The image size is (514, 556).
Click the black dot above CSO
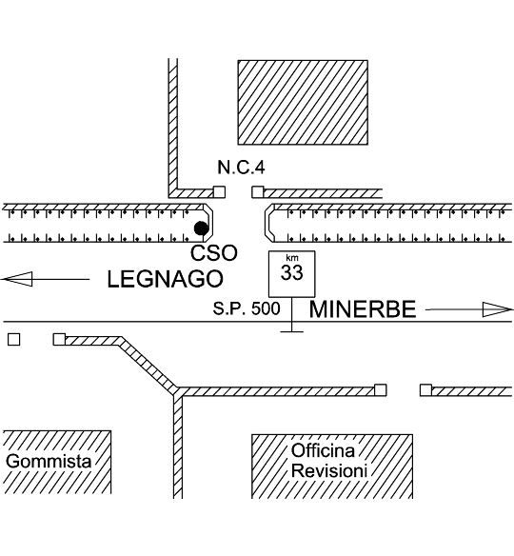201,228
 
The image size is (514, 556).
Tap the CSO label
214,253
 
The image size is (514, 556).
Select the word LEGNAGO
166,279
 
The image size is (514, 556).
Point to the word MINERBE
363,309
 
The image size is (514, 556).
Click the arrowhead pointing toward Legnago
17,279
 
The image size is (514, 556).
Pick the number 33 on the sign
291,272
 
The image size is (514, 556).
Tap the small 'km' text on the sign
292,258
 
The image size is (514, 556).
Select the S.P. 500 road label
247,308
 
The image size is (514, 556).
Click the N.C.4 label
241,167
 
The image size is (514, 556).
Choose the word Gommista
49,462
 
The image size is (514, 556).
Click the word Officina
323,450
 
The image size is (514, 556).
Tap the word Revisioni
329,471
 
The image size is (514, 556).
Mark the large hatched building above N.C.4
303,103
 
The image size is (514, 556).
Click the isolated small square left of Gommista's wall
14,340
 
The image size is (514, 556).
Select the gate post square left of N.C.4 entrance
220,191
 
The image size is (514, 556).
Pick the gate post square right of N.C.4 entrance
258,191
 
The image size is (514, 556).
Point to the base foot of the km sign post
291,331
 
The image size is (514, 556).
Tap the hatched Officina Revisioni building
332,467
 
